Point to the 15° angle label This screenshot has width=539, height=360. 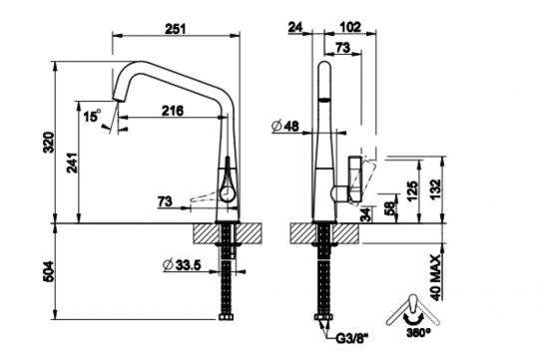pos(92,118)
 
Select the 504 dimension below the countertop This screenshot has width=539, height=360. pos(43,271)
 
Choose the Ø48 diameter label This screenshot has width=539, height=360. pos(286,127)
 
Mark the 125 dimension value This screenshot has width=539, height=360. pos(411,188)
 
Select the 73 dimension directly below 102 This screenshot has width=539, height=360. pos(341,47)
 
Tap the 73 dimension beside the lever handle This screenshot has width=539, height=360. pos(165,202)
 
